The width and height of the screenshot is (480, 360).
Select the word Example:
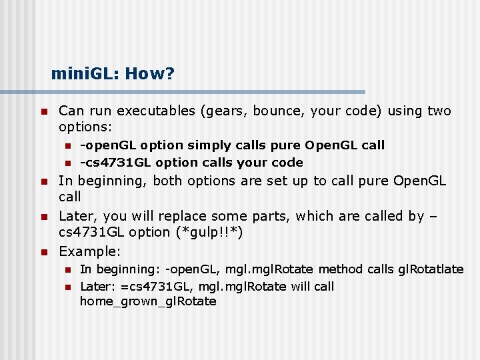click(x=90, y=251)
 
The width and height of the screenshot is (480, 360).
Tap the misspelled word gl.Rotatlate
click(x=431, y=269)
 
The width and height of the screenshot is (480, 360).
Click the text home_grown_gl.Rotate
click(x=148, y=301)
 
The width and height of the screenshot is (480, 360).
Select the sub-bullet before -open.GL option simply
click(x=67, y=146)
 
